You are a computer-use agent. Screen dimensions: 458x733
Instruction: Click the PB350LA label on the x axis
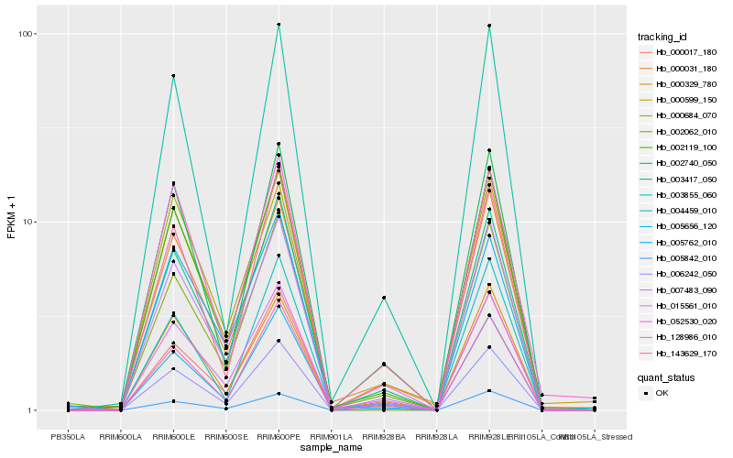tap(67, 437)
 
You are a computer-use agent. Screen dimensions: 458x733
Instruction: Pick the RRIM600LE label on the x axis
tap(173, 437)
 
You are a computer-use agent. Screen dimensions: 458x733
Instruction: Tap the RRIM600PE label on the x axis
tap(279, 437)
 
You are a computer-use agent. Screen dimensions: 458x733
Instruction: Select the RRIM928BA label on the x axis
tap(384, 437)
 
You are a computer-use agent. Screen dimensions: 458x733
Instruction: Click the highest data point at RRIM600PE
tap(279, 25)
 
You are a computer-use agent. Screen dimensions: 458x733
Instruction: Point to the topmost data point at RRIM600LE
tap(173, 76)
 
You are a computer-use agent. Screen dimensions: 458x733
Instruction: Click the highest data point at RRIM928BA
tap(384, 298)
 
